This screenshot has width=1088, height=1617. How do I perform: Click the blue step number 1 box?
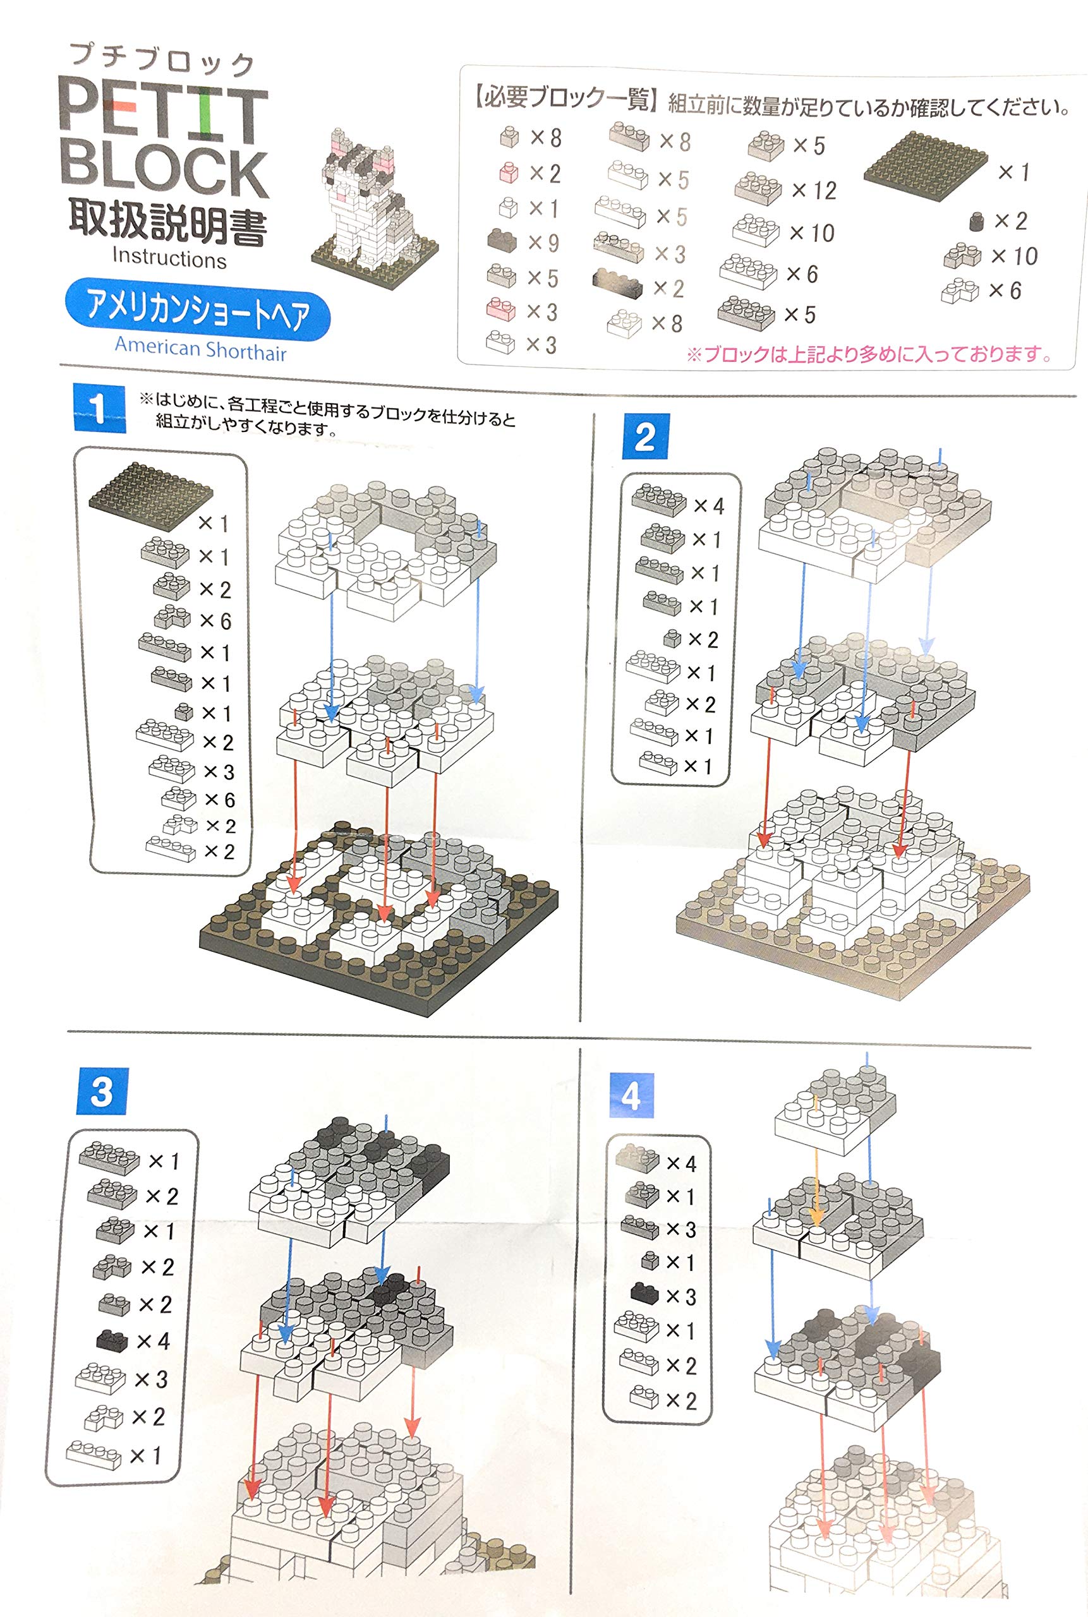click(99, 409)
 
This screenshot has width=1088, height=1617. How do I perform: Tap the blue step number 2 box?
click(645, 436)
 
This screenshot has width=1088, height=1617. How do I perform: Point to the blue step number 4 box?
click(631, 1095)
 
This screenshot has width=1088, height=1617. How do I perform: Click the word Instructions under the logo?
click(169, 258)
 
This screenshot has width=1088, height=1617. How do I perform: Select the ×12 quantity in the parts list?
click(814, 190)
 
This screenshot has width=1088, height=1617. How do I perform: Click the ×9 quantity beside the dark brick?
click(543, 243)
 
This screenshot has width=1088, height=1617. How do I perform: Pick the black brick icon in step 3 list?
click(111, 1340)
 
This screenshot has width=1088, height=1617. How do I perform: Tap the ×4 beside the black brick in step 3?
click(153, 1341)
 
